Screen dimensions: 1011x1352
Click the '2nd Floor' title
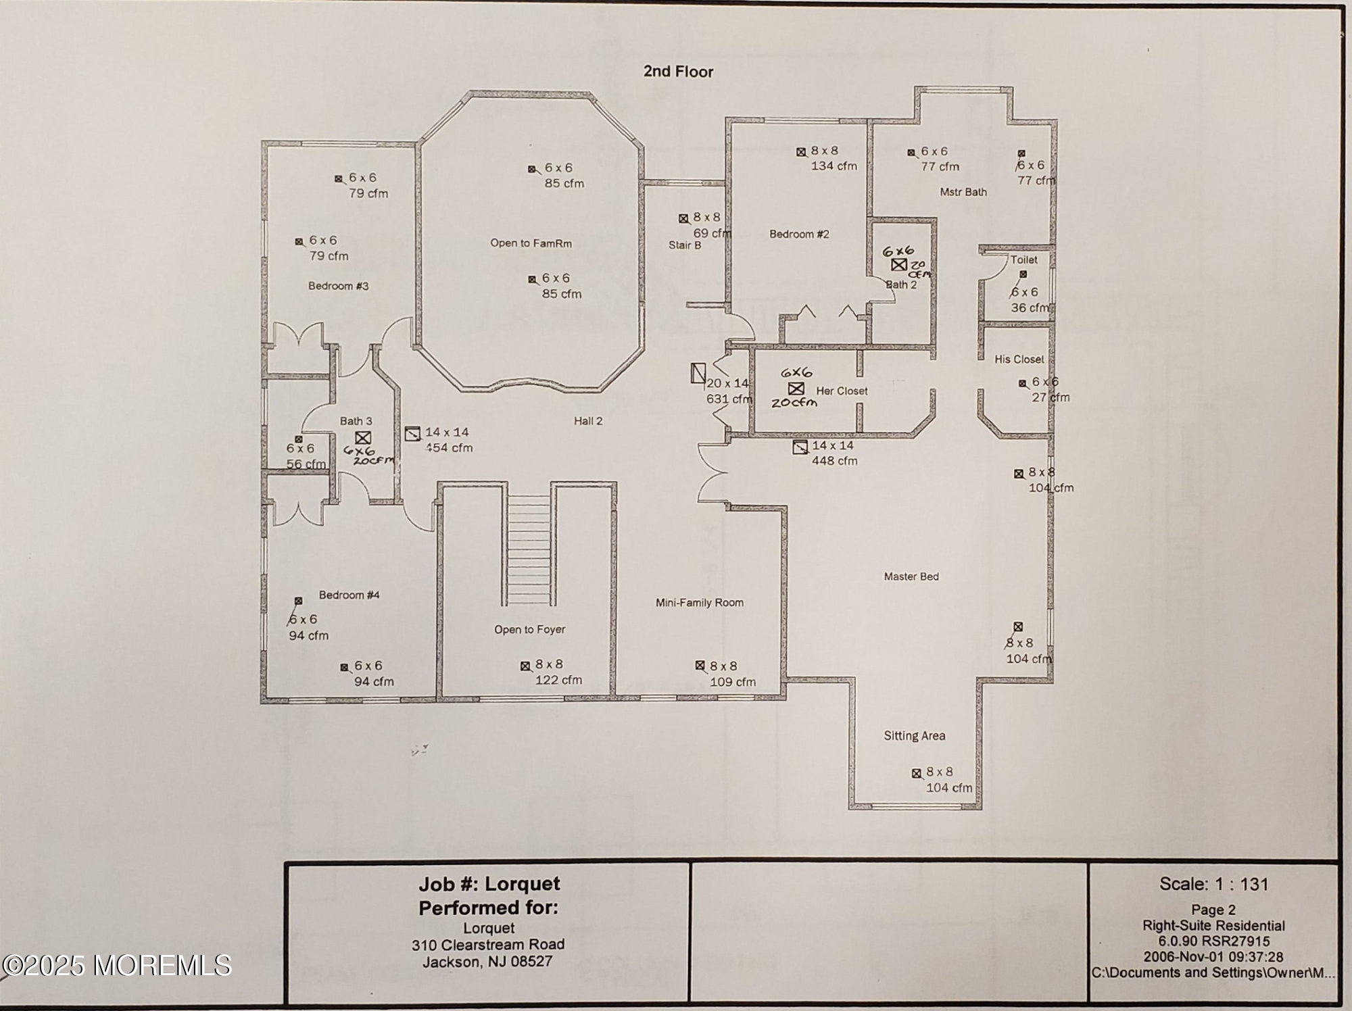pyautogui.click(x=678, y=72)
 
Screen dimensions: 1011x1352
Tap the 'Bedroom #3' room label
pyautogui.click(x=338, y=286)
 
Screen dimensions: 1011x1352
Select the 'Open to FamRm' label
pyautogui.click(x=531, y=243)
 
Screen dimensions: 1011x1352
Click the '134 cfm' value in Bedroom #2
pyautogui.click(x=834, y=166)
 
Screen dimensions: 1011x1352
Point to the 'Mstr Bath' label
pyautogui.click(x=963, y=192)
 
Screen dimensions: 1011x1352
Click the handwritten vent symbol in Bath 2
pyautogui.click(x=898, y=265)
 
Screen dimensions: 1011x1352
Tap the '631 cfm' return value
pyautogui.click(x=729, y=399)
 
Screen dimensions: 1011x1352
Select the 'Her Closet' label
pyautogui.click(x=842, y=391)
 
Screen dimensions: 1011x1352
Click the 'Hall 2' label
pyautogui.click(x=588, y=421)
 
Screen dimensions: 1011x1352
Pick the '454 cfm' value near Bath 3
pyautogui.click(x=449, y=447)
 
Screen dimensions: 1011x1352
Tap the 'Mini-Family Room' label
pyautogui.click(x=699, y=603)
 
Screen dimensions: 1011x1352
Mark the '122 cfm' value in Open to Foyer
pyautogui.click(x=558, y=681)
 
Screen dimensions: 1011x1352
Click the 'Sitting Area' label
pyautogui.click(x=914, y=736)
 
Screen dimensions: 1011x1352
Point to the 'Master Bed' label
pyautogui.click(x=911, y=576)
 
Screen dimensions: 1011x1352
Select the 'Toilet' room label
pyautogui.click(x=1023, y=260)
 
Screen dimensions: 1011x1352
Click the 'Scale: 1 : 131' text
pyautogui.click(x=1213, y=884)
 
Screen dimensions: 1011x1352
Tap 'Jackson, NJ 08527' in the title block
pyautogui.click(x=487, y=962)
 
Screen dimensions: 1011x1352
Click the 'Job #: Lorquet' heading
pyautogui.click(x=489, y=884)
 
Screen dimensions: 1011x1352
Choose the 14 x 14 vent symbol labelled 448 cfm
pyautogui.click(x=800, y=447)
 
